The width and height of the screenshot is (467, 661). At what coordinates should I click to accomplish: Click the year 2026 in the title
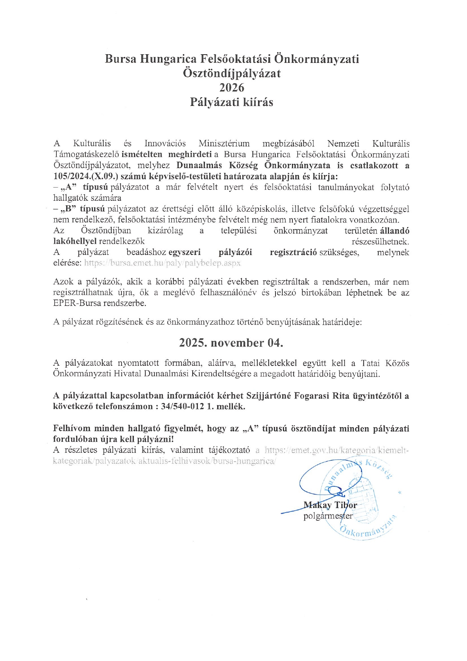232,88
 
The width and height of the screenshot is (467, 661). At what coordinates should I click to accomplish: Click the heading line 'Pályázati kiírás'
231,102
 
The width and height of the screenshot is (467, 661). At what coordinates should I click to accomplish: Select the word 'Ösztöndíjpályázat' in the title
232,73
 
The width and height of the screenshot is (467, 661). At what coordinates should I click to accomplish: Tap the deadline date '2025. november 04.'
231,343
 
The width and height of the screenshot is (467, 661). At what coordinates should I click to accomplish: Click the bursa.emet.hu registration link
162,263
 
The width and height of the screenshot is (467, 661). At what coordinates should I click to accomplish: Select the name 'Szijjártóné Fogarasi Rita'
298,395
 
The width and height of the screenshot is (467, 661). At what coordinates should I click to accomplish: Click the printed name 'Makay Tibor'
330,505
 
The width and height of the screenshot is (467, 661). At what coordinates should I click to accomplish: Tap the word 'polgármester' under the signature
328,516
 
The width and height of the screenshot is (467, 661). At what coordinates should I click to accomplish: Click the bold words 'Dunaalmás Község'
217,165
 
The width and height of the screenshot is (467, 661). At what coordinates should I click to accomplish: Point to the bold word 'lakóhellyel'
75,241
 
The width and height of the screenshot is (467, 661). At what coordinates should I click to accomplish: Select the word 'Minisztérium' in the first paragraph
224,143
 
